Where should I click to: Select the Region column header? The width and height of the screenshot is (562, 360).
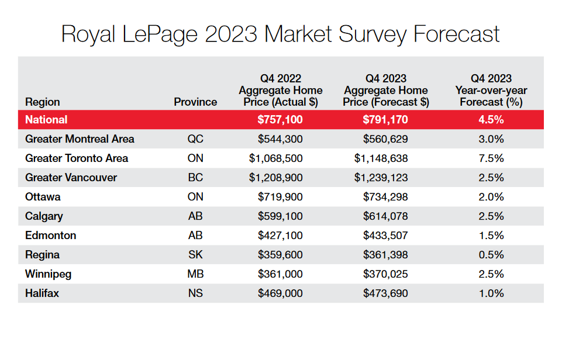click(42, 102)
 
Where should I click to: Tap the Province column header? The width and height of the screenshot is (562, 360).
click(195, 102)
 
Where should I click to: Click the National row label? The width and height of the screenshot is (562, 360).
click(46, 120)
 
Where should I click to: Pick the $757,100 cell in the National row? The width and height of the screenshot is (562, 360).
click(280, 120)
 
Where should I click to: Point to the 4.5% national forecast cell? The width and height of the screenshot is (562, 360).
click(491, 120)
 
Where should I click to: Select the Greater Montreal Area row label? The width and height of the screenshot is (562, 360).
click(80, 139)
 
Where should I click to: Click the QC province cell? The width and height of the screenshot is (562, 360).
click(195, 139)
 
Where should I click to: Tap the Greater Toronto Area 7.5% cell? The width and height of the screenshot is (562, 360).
click(491, 158)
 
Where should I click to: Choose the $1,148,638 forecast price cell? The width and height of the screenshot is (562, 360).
click(381, 158)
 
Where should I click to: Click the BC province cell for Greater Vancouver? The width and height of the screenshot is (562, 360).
click(195, 178)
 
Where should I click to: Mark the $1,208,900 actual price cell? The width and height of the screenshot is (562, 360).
click(276, 178)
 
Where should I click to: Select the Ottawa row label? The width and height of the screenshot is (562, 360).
click(43, 197)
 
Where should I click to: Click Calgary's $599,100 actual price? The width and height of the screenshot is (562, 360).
click(280, 216)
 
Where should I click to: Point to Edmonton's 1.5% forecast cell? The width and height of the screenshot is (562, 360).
click(491, 236)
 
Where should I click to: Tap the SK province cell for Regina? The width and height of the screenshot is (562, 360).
click(195, 255)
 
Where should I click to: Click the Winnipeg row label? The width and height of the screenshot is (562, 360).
click(48, 274)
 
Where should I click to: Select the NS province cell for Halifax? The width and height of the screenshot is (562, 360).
click(195, 293)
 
